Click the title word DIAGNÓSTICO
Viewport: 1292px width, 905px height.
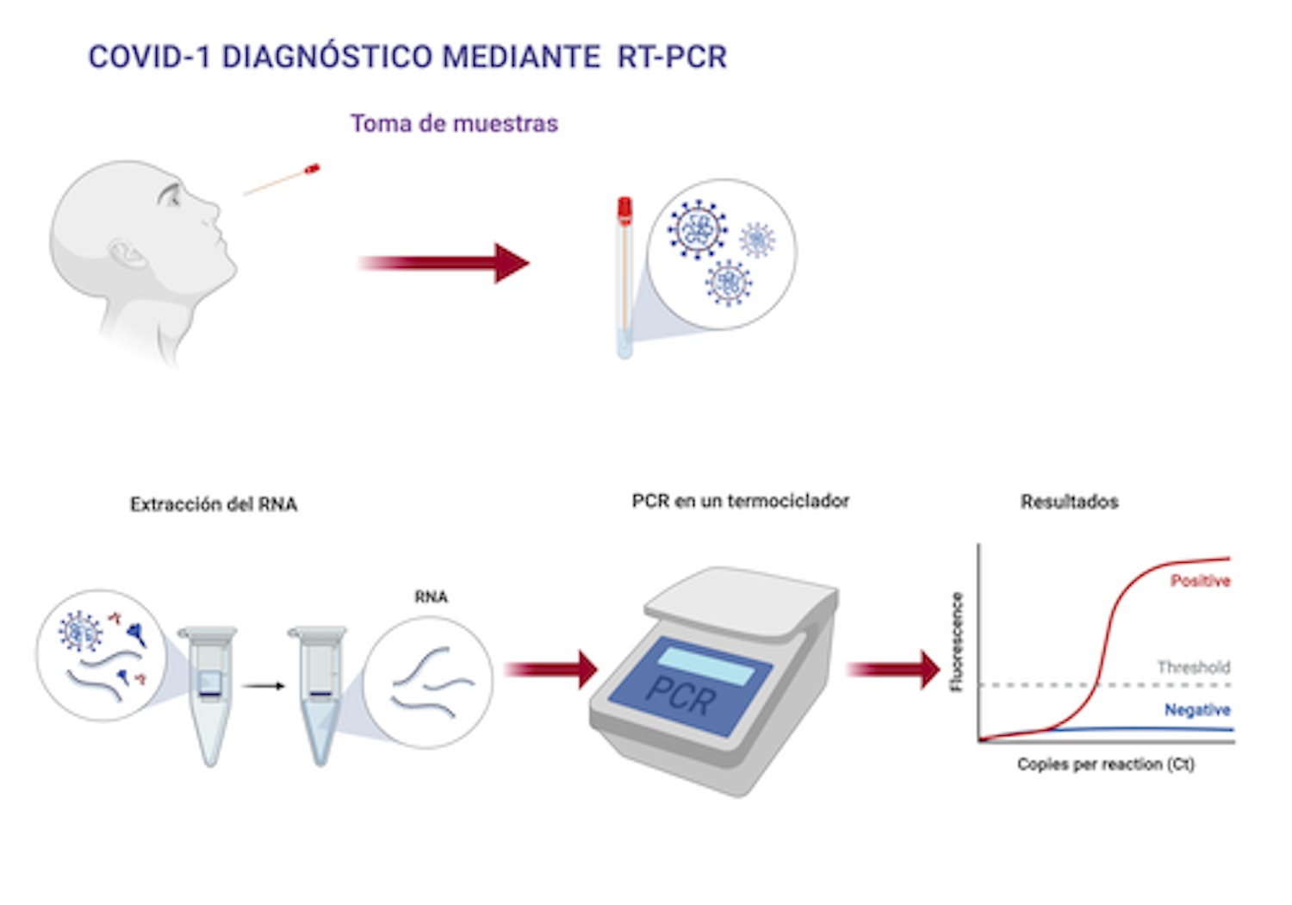pyautogui.click(x=326, y=57)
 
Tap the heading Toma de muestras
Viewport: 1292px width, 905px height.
pyautogui.click(x=454, y=123)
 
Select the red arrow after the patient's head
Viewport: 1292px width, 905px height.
pyautogui.click(x=443, y=263)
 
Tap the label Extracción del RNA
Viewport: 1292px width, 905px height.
pyautogui.click(x=214, y=504)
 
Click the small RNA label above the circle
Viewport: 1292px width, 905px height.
pyautogui.click(x=431, y=596)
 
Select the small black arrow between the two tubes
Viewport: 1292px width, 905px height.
pyautogui.click(x=263, y=686)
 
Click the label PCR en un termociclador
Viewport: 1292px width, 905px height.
pyautogui.click(x=740, y=501)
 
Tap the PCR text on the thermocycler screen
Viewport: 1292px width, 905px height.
pyautogui.click(x=680, y=695)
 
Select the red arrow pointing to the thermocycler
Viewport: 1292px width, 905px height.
pyautogui.click(x=551, y=670)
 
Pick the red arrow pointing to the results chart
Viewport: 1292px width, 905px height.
pyautogui.click(x=893, y=670)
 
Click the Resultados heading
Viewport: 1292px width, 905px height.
pyautogui.click(x=1069, y=502)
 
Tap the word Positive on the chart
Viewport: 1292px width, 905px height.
pyautogui.click(x=1199, y=581)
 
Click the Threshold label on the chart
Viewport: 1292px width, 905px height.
pyautogui.click(x=1193, y=667)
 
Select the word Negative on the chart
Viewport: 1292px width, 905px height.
pyautogui.click(x=1196, y=709)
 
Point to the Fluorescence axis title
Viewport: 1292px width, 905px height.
pyautogui.click(x=955, y=641)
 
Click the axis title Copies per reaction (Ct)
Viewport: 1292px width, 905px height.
pyautogui.click(x=1105, y=764)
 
